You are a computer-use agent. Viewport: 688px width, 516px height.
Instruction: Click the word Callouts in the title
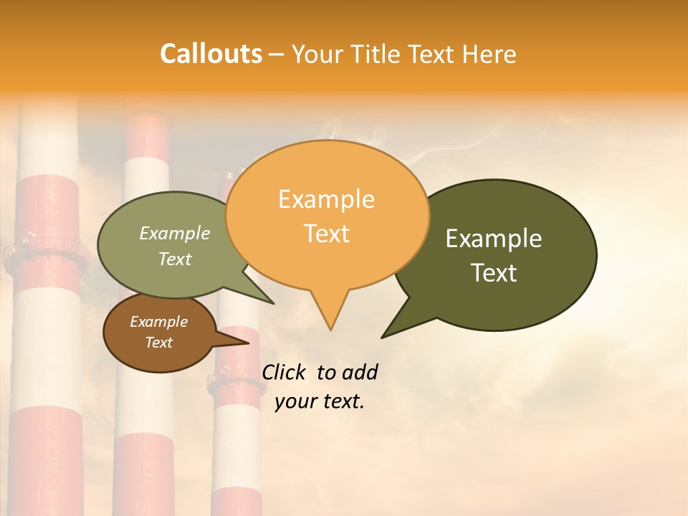pos(211,54)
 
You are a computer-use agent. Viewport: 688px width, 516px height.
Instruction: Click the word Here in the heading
pos(489,54)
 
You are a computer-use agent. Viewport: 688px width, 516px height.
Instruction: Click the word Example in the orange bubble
pos(326,199)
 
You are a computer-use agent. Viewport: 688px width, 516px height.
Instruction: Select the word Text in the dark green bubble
pos(494,273)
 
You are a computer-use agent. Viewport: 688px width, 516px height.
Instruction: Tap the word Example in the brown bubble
pos(158,322)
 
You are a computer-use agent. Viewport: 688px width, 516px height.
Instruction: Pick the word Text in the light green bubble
pos(175,259)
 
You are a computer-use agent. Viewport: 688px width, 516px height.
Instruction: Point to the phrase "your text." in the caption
pos(320,401)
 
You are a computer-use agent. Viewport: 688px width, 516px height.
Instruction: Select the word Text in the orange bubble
pos(327,234)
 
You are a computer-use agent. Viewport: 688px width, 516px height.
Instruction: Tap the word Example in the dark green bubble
pos(494,239)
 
